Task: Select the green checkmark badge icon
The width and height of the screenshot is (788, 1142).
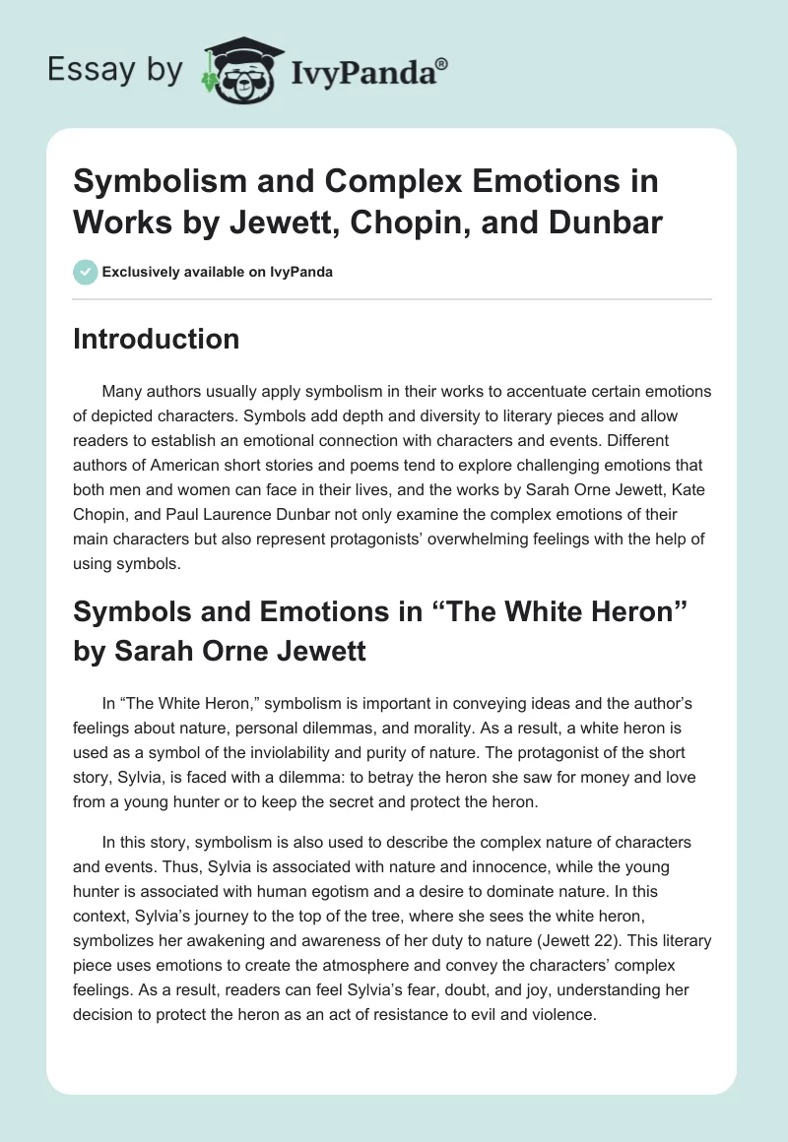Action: (x=85, y=271)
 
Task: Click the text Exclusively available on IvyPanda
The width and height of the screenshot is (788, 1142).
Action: (x=219, y=272)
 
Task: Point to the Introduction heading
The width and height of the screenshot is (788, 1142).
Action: (x=157, y=339)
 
